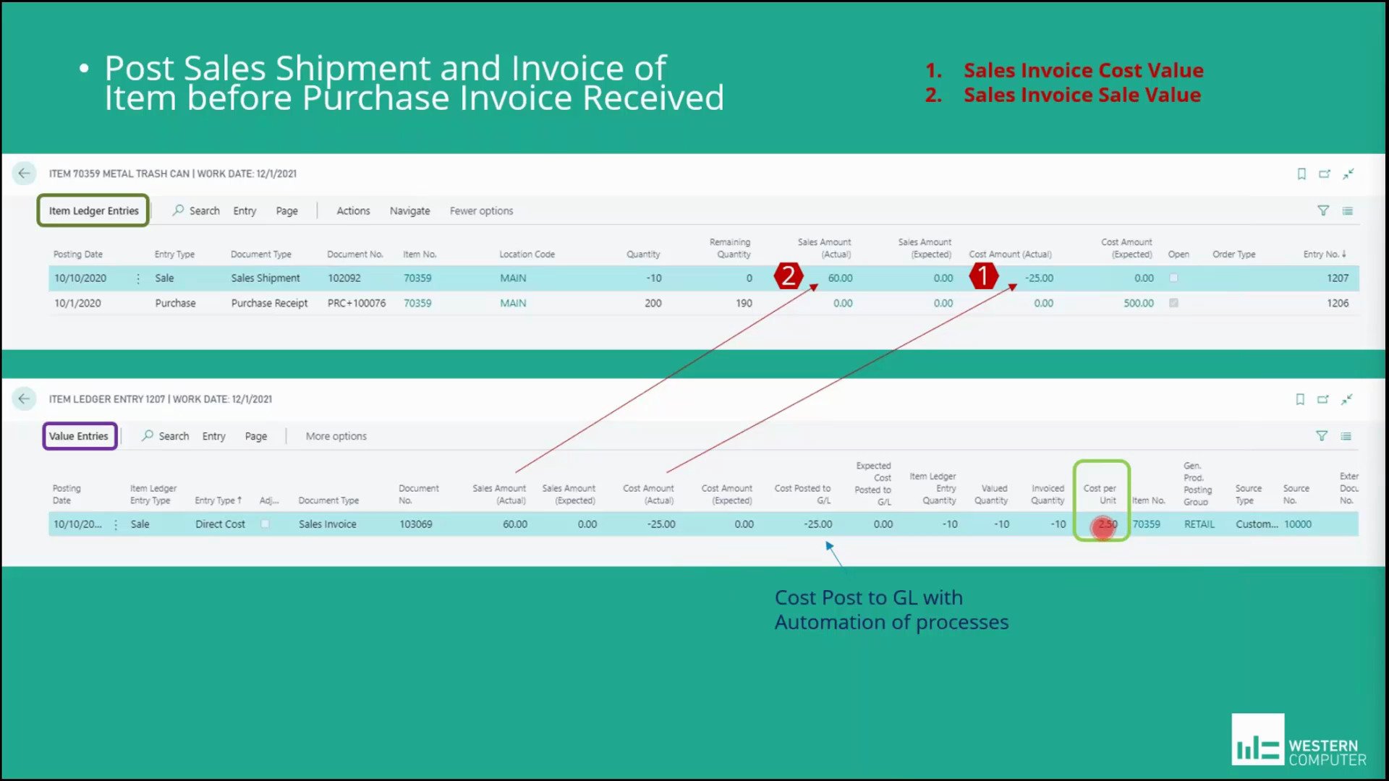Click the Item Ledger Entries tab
[x=93, y=210]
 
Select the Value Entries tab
[x=79, y=436]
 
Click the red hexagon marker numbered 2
[x=789, y=276]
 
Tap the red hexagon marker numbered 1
[x=983, y=276]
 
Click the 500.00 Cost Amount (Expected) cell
[x=1138, y=303]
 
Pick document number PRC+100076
[x=357, y=303]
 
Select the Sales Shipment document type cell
[x=266, y=278]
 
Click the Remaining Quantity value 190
[x=744, y=303]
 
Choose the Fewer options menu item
[x=481, y=210]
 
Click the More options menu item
[x=336, y=436]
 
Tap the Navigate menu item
[x=409, y=210]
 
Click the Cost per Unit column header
[x=1100, y=494]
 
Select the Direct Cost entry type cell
[x=220, y=524]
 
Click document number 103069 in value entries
[x=416, y=524]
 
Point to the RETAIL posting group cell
[x=1199, y=524]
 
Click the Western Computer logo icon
[x=1258, y=740]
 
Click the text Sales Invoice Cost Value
[x=1083, y=70]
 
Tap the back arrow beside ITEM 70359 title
[x=24, y=174]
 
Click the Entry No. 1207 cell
[x=1337, y=278]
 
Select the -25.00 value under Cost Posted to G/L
[x=817, y=524]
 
